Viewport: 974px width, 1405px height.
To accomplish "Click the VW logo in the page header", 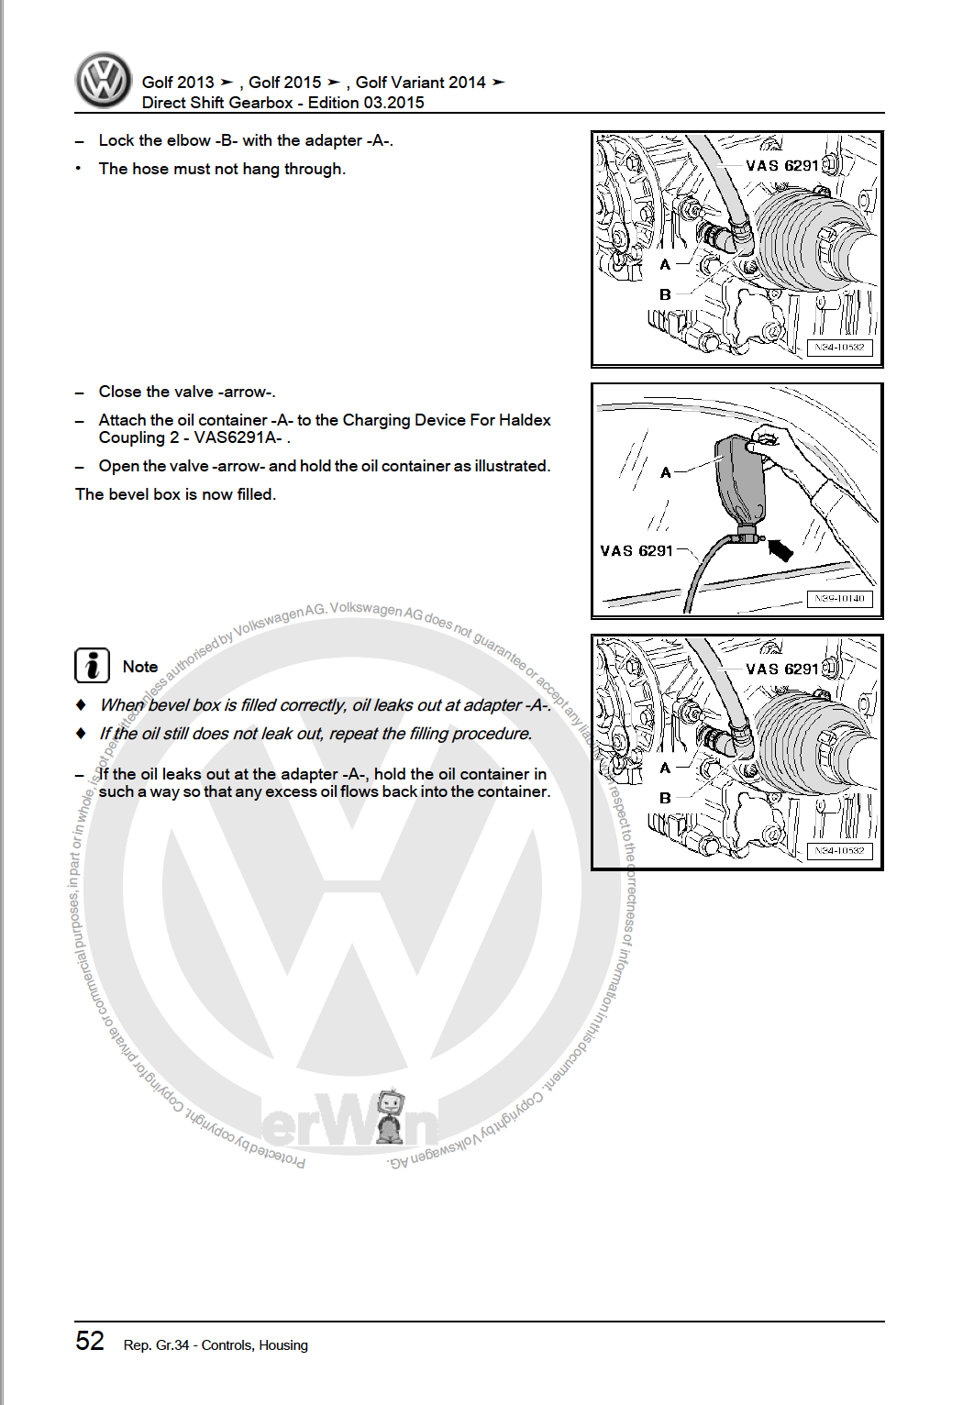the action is point(104,80).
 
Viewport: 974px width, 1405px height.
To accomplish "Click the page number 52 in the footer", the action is point(90,1341).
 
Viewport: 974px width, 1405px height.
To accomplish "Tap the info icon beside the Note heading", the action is point(92,665).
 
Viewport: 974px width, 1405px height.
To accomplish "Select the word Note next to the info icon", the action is point(140,667).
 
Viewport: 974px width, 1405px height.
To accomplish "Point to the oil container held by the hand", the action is point(741,481).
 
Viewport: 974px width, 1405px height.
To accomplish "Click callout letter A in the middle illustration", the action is point(666,472).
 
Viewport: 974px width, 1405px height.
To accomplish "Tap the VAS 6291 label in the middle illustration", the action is point(636,551).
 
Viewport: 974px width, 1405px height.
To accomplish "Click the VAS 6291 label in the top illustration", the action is point(781,166).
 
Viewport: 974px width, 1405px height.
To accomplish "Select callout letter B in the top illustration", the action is point(665,294).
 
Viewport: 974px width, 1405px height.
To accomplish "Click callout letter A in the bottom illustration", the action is point(665,768).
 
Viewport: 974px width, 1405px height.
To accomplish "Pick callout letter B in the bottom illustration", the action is point(665,798).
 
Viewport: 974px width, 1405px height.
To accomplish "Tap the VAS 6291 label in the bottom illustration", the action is point(781,669).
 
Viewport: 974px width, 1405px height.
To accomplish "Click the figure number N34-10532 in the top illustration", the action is point(839,348).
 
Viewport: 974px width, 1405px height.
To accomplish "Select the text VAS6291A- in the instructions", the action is point(238,437).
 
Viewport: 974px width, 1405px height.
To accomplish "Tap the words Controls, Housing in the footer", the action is point(254,1345).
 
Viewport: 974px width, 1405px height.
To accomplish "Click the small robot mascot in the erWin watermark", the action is point(391,1114).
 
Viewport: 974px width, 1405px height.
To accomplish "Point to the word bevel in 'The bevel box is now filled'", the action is point(128,494).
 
